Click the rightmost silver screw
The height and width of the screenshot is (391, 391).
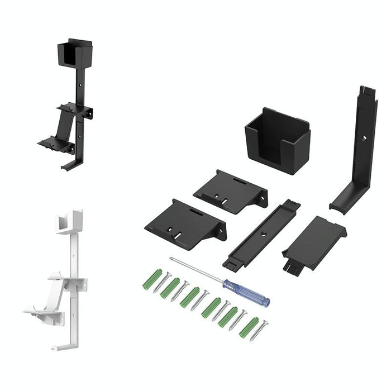[260, 330]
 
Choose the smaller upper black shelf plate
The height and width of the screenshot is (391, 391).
[231, 190]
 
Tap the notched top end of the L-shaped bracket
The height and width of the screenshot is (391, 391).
[368, 91]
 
